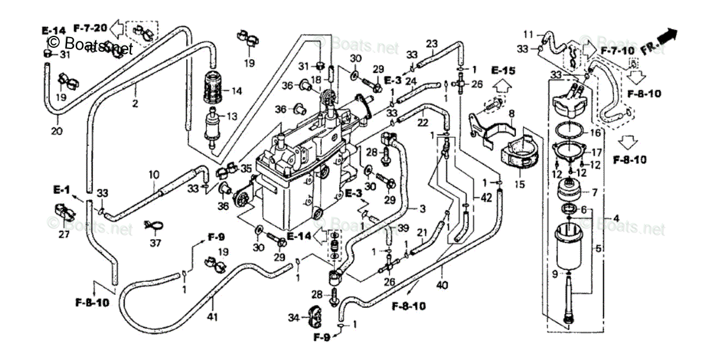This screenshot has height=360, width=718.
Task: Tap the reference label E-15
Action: click(503, 71)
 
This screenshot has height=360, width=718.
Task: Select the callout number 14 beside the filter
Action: click(236, 91)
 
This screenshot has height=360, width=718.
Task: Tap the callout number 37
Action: click(156, 243)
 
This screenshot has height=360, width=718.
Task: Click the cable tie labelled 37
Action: click(153, 225)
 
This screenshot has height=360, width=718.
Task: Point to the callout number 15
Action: click(519, 185)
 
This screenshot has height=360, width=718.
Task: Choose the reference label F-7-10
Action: click(617, 50)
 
